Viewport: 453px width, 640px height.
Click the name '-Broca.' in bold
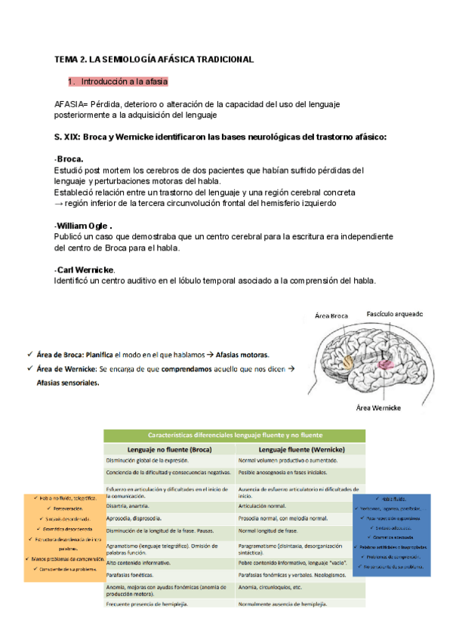(x=69, y=159)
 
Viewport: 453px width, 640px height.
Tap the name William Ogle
(x=83, y=226)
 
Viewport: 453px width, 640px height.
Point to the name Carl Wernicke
(x=84, y=270)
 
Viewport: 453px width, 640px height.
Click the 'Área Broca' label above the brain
(x=332, y=318)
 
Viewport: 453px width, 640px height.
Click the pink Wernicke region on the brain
(x=387, y=364)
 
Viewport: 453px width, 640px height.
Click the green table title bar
(x=235, y=435)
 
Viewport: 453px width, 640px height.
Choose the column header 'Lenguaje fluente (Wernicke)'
(x=300, y=449)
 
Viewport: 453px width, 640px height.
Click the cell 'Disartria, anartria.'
(x=128, y=506)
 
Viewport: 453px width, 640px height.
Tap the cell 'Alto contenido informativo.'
(x=137, y=563)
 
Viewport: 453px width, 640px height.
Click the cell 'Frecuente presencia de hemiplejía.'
(x=147, y=605)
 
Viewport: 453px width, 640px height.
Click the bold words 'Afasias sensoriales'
(x=67, y=383)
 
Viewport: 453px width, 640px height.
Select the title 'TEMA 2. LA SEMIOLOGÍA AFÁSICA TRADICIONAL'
(x=154, y=58)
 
